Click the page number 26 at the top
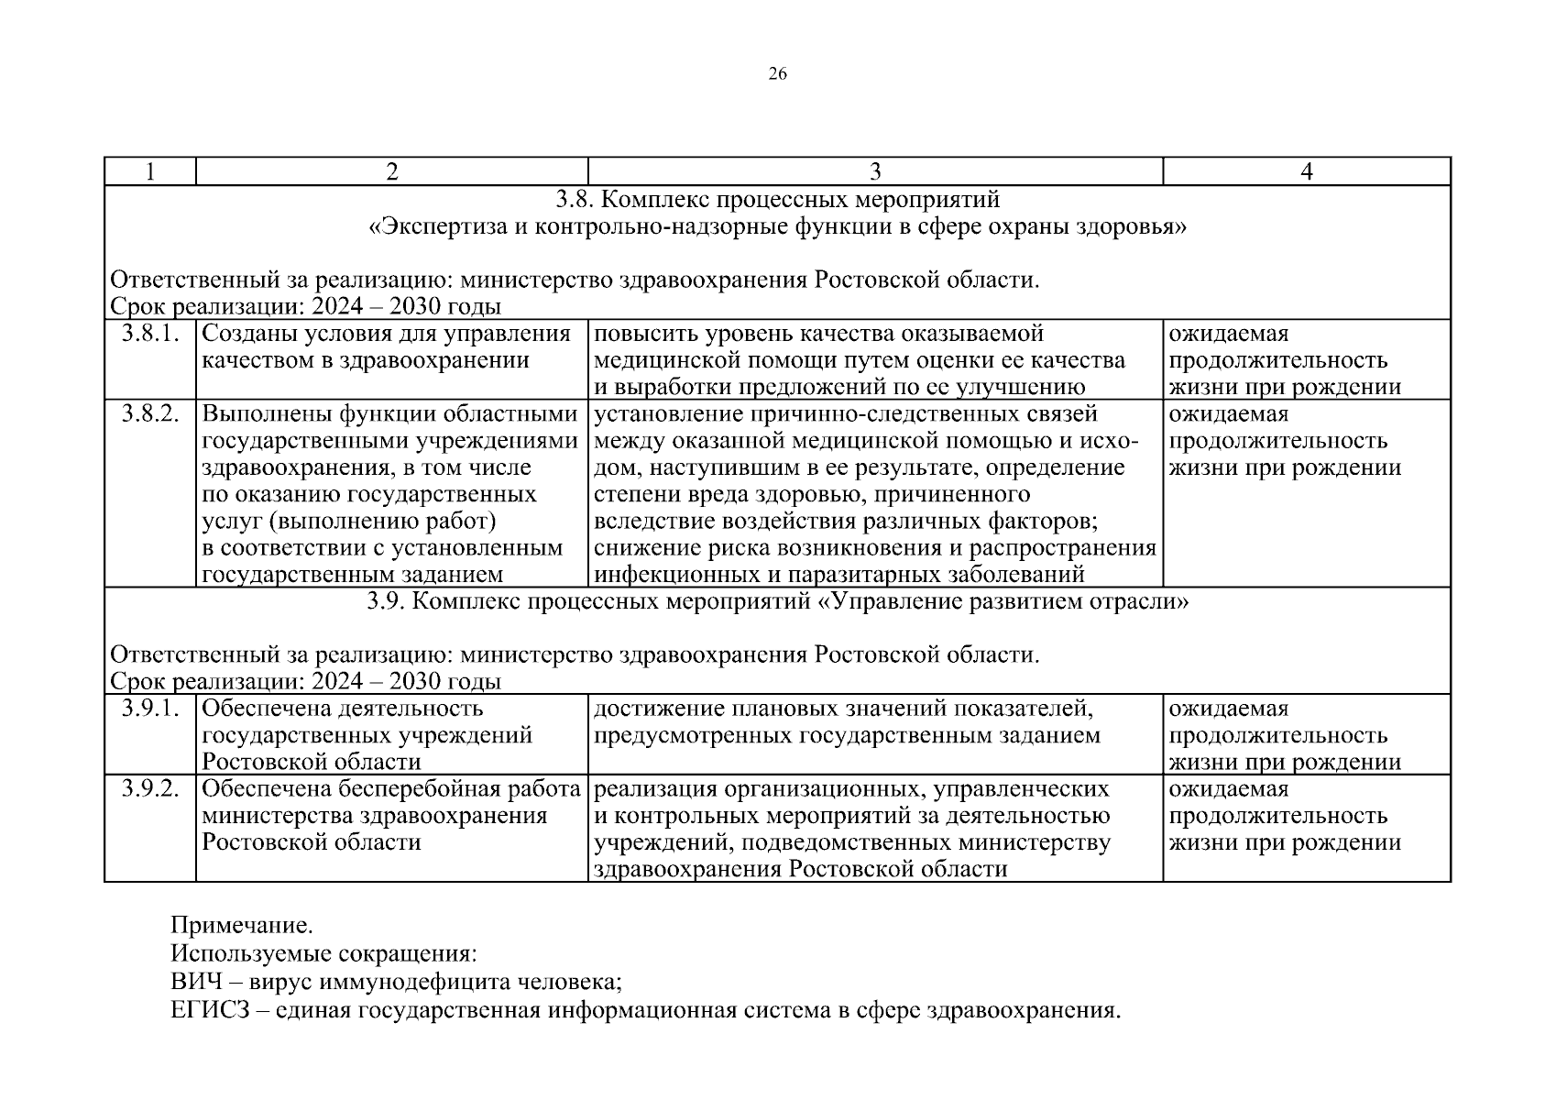(x=777, y=74)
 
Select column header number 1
(x=149, y=171)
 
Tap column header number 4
(x=1307, y=171)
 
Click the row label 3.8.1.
(x=149, y=334)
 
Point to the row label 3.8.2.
(x=149, y=414)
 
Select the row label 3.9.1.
(x=149, y=709)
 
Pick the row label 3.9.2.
(x=149, y=789)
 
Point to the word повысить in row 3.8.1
(x=637, y=334)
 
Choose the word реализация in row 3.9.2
(x=650, y=789)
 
